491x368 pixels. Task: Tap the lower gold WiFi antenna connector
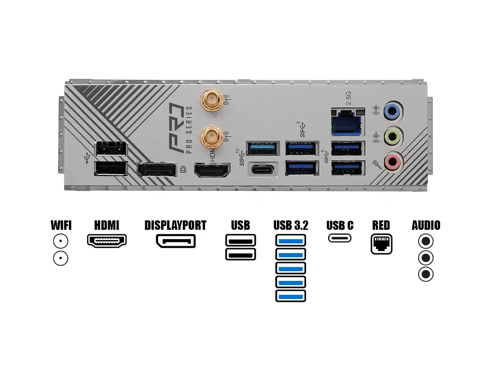click(211, 137)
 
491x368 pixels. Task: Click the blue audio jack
click(392, 111)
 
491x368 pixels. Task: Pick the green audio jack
click(393, 136)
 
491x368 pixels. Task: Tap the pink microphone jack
click(394, 162)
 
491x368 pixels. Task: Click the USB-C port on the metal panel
click(263, 170)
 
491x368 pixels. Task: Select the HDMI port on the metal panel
click(212, 170)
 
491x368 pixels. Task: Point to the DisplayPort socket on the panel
click(157, 170)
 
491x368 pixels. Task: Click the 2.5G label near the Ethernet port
click(349, 98)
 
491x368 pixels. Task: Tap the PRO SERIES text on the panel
click(189, 130)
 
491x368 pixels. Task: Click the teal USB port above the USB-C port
click(263, 148)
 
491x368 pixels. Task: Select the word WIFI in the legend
click(61, 225)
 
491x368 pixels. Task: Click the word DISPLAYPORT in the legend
click(176, 225)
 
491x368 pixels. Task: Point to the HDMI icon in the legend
click(107, 241)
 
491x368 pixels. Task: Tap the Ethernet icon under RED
click(381, 244)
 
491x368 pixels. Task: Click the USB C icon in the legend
click(340, 238)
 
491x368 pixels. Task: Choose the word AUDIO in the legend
click(426, 225)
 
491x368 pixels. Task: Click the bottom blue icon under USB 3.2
click(291, 296)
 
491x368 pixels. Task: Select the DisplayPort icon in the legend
click(176, 241)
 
